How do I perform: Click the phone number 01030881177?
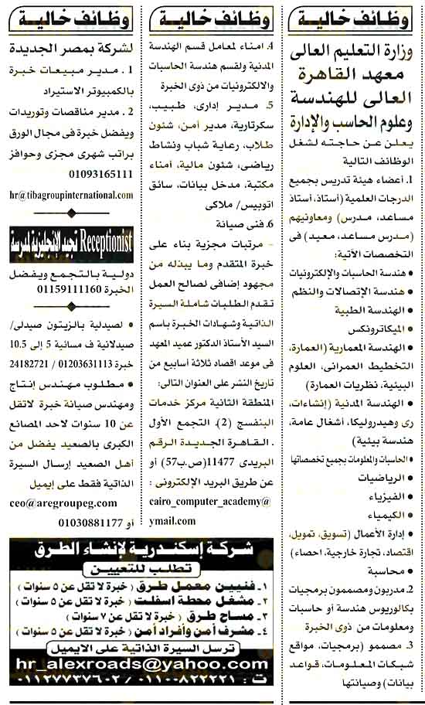click(x=64, y=523)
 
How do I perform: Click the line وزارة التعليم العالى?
click(x=355, y=53)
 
